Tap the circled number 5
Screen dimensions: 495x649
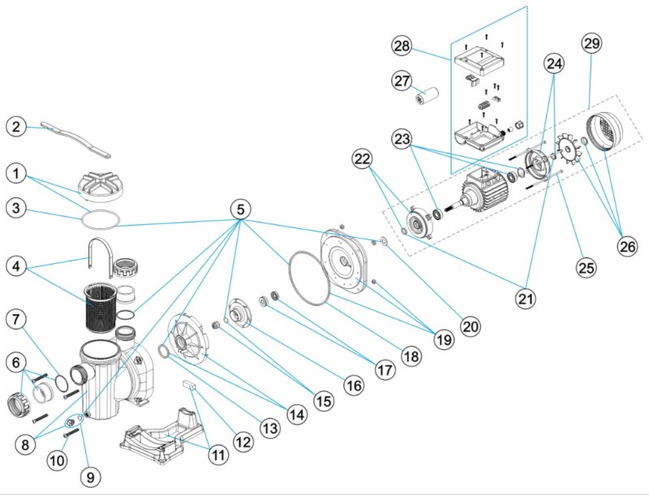pyautogui.click(x=240, y=209)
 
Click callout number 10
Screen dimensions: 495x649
pyautogui.click(x=56, y=460)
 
